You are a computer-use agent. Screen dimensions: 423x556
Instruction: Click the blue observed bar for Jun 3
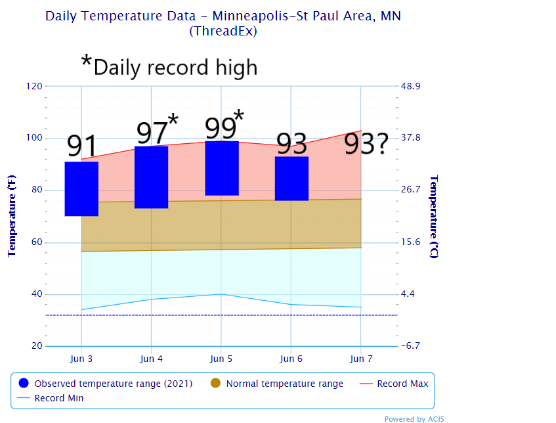[x=81, y=189]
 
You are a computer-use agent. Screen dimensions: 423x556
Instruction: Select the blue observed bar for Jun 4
[x=151, y=177]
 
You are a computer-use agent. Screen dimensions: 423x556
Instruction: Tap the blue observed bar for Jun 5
[x=221, y=168]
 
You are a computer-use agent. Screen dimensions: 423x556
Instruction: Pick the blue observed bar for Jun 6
[x=291, y=178]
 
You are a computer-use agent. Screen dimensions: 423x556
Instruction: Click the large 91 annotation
[x=82, y=146]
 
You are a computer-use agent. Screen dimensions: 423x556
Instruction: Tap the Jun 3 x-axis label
[x=81, y=359]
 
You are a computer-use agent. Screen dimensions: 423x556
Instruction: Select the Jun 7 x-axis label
[x=361, y=359]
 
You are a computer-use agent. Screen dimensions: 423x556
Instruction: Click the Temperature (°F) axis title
[x=11, y=216]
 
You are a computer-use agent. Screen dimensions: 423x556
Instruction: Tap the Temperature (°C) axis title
[x=433, y=216]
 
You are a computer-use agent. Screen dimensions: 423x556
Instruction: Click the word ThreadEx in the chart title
[x=223, y=31]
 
